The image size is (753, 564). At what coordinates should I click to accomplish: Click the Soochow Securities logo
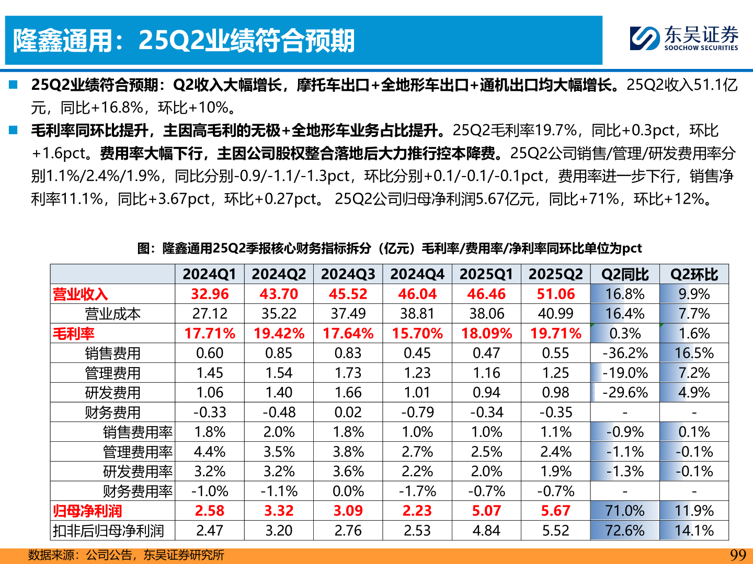click(x=683, y=38)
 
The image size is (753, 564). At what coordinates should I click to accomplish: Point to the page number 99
click(x=737, y=555)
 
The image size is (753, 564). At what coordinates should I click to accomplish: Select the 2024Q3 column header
click(x=348, y=274)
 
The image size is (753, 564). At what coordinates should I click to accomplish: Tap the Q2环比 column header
click(x=694, y=274)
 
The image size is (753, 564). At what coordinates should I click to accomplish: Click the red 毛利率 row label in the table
click(x=74, y=334)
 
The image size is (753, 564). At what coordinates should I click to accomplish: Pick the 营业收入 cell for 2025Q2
click(x=555, y=294)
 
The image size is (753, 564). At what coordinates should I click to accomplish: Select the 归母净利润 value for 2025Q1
click(x=486, y=511)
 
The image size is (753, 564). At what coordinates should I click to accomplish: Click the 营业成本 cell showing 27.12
click(x=210, y=314)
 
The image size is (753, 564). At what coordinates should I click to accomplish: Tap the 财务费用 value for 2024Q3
click(x=348, y=413)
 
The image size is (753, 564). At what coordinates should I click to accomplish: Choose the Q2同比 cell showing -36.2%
click(x=625, y=354)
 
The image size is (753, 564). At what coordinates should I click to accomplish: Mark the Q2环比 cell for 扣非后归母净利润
click(x=694, y=531)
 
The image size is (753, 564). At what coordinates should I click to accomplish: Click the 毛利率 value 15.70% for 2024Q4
click(x=417, y=334)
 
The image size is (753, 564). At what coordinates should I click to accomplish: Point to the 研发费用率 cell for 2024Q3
click(x=348, y=472)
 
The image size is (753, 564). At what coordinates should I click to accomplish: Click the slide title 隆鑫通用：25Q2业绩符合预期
click(x=184, y=40)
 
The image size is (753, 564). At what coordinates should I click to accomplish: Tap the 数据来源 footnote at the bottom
click(x=125, y=555)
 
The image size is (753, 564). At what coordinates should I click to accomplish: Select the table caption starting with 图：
click(x=389, y=248)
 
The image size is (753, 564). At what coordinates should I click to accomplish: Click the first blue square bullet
click(x=13, y=85)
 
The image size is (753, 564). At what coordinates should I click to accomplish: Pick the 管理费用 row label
click(x=112, y=373)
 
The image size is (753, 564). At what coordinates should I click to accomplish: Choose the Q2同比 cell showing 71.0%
click(x=625, y=511)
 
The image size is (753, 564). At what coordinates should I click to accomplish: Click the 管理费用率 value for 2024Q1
click(x=210, y=452)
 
